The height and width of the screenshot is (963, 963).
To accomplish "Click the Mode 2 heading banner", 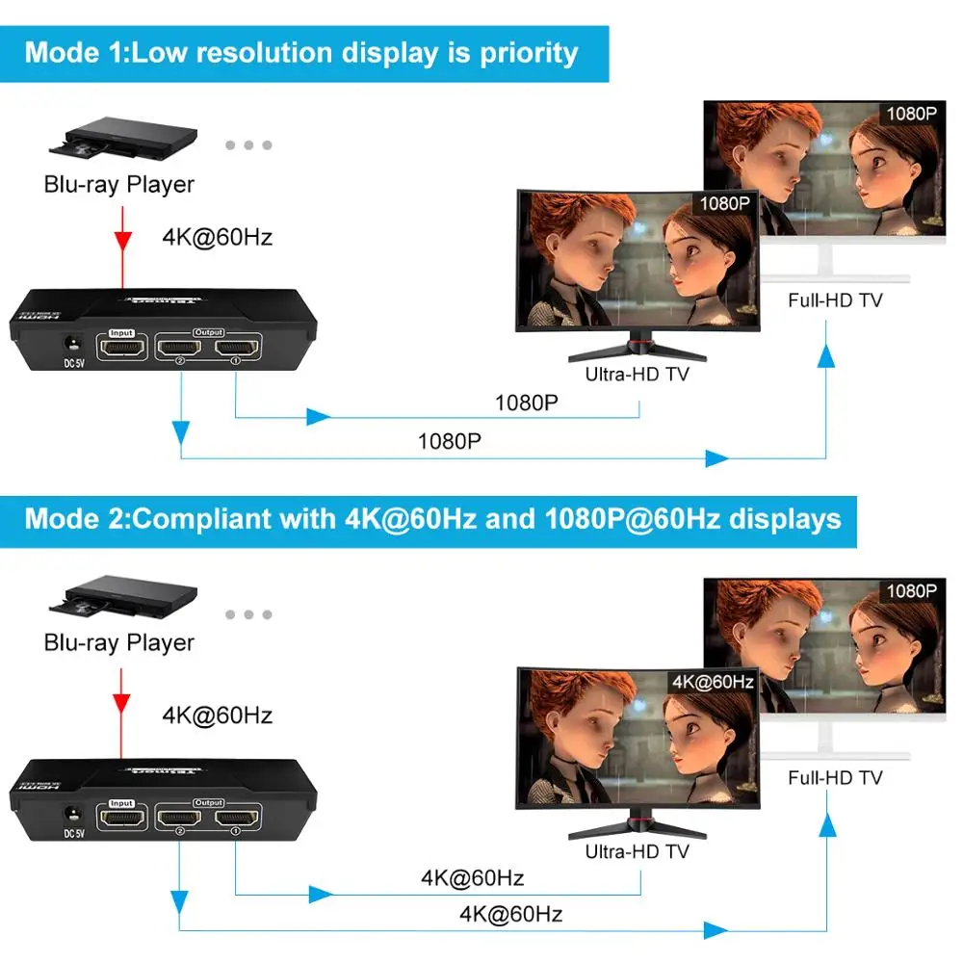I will click(432, 519).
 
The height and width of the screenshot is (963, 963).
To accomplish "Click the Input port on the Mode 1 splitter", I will click(122, 348).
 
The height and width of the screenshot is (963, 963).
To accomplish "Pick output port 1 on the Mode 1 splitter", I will click(236, 348).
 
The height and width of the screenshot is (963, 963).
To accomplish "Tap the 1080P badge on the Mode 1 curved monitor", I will click(722, 204).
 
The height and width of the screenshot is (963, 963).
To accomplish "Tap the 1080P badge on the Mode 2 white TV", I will click(911, 590).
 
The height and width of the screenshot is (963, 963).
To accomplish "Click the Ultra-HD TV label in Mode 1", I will click(638, 374).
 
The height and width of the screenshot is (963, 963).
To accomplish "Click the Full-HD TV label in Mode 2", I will click(835, 777).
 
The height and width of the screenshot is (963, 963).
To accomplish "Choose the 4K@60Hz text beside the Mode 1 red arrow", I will click(217, 237).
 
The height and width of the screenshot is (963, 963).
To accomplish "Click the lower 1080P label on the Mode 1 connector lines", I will click(449, 441).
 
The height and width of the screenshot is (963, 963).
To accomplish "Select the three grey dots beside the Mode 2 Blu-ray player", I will click(249, 614).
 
